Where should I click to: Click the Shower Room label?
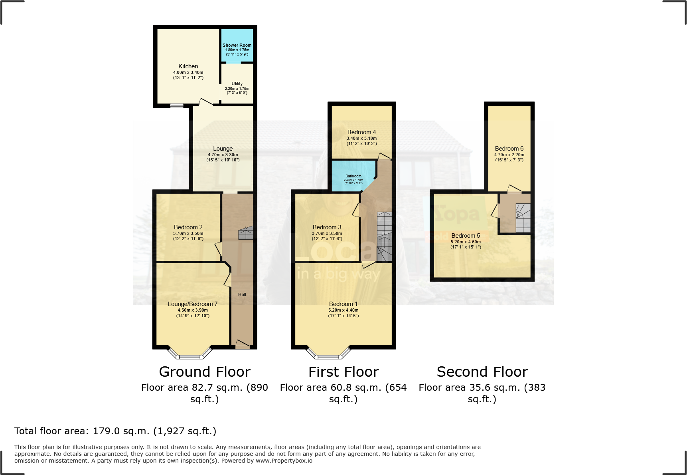(237, 45)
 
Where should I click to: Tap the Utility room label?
(237, 83)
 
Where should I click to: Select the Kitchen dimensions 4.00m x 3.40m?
(188, 72)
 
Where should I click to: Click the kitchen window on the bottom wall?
(177, 106)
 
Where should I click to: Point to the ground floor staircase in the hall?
(245, 233)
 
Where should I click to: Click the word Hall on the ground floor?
(242, 294)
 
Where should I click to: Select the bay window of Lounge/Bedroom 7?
(190, 354)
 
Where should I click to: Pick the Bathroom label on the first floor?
(353, 176)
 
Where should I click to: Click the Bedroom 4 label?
(361, 132)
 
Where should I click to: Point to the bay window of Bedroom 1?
(329, 354)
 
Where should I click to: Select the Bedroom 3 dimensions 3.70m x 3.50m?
(327, 233)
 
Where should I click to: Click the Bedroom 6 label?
(509, 149)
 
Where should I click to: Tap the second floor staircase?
(523, 218)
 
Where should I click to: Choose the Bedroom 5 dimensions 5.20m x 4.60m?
(466, 242)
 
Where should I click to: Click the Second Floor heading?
(482, 372)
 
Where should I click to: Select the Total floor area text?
(115, 431)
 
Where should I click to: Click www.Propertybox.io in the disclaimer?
(284, 461)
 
